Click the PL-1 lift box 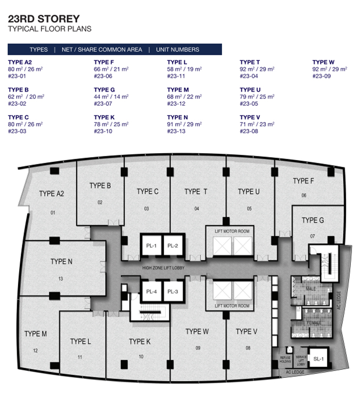coord(152,245)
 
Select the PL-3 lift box coord(173,292)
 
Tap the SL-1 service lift coord(318,359)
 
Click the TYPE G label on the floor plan coord(313,220)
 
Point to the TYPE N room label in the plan coord(61,261)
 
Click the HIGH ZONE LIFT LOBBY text coord(163,268)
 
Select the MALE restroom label coord(310,288)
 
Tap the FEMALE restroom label coord(314,323)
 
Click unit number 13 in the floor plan coord(61,279)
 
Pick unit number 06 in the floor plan coord(304,195)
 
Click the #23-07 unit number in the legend coord(103,103)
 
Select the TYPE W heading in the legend coord(323,62)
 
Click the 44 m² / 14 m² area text coord(111,97)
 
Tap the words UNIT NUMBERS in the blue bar coord(178,49)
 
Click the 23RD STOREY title coord(44,19)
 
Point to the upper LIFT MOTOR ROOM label coord(232,232)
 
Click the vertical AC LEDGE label coord(339,300)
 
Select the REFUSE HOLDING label coord(285,360)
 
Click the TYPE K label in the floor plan coord(140,342)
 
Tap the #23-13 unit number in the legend coord(176,131)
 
